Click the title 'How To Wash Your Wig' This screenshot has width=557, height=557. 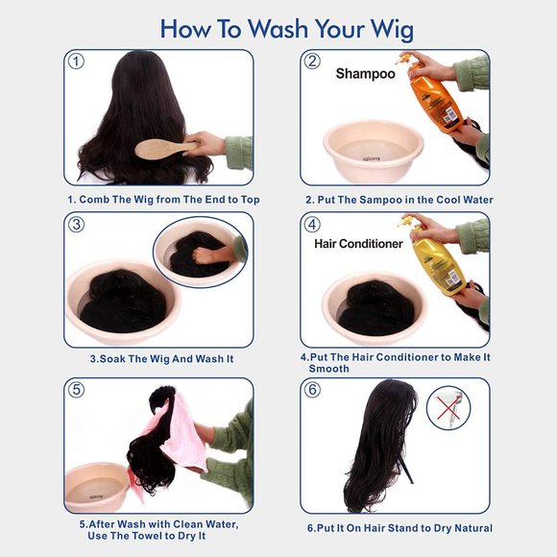278,28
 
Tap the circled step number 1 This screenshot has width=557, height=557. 77,62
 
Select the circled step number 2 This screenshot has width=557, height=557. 312,62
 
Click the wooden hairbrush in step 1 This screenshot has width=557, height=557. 159,148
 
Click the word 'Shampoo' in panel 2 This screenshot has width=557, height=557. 365,74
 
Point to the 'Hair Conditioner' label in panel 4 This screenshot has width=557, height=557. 358,244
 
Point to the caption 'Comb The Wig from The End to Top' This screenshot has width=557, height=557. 163,200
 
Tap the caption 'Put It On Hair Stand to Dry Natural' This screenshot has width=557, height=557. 400,528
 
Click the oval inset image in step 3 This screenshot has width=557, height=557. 199,252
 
